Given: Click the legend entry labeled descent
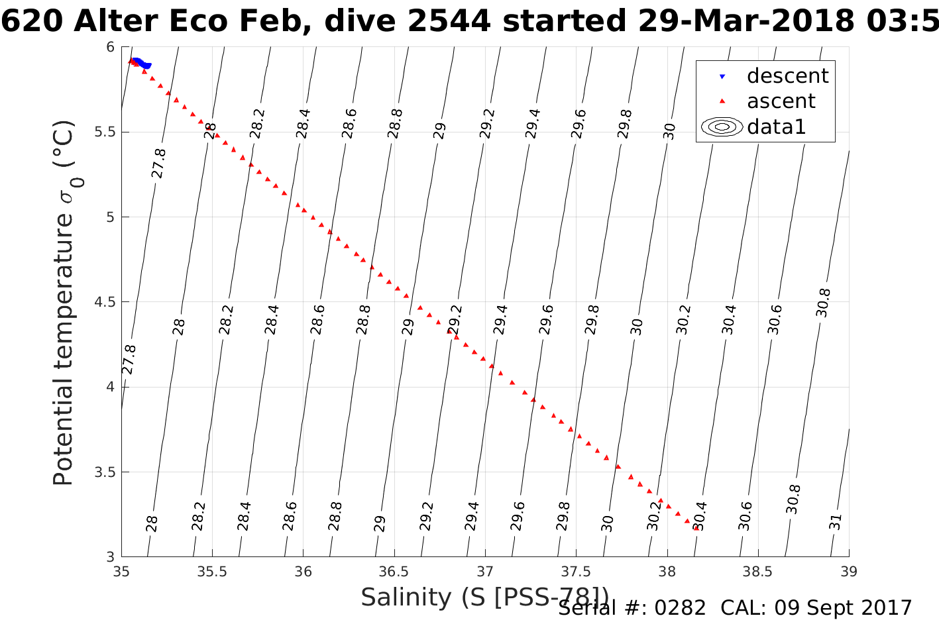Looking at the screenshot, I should point(787,76).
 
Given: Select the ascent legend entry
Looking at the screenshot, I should point(781,101).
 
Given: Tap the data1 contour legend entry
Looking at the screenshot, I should point(776,127).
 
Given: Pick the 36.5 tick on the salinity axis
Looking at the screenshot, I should point(394,572).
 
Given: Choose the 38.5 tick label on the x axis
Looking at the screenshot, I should point(758,572).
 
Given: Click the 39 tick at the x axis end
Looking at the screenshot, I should point(849,572).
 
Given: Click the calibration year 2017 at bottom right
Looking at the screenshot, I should point(887,607).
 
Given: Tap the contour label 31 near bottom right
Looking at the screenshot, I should point(836,521).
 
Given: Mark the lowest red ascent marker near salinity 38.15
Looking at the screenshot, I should point(695,527).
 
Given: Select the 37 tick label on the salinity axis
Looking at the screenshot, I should point(485,572).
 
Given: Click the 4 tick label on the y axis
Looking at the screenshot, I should point(110,387).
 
